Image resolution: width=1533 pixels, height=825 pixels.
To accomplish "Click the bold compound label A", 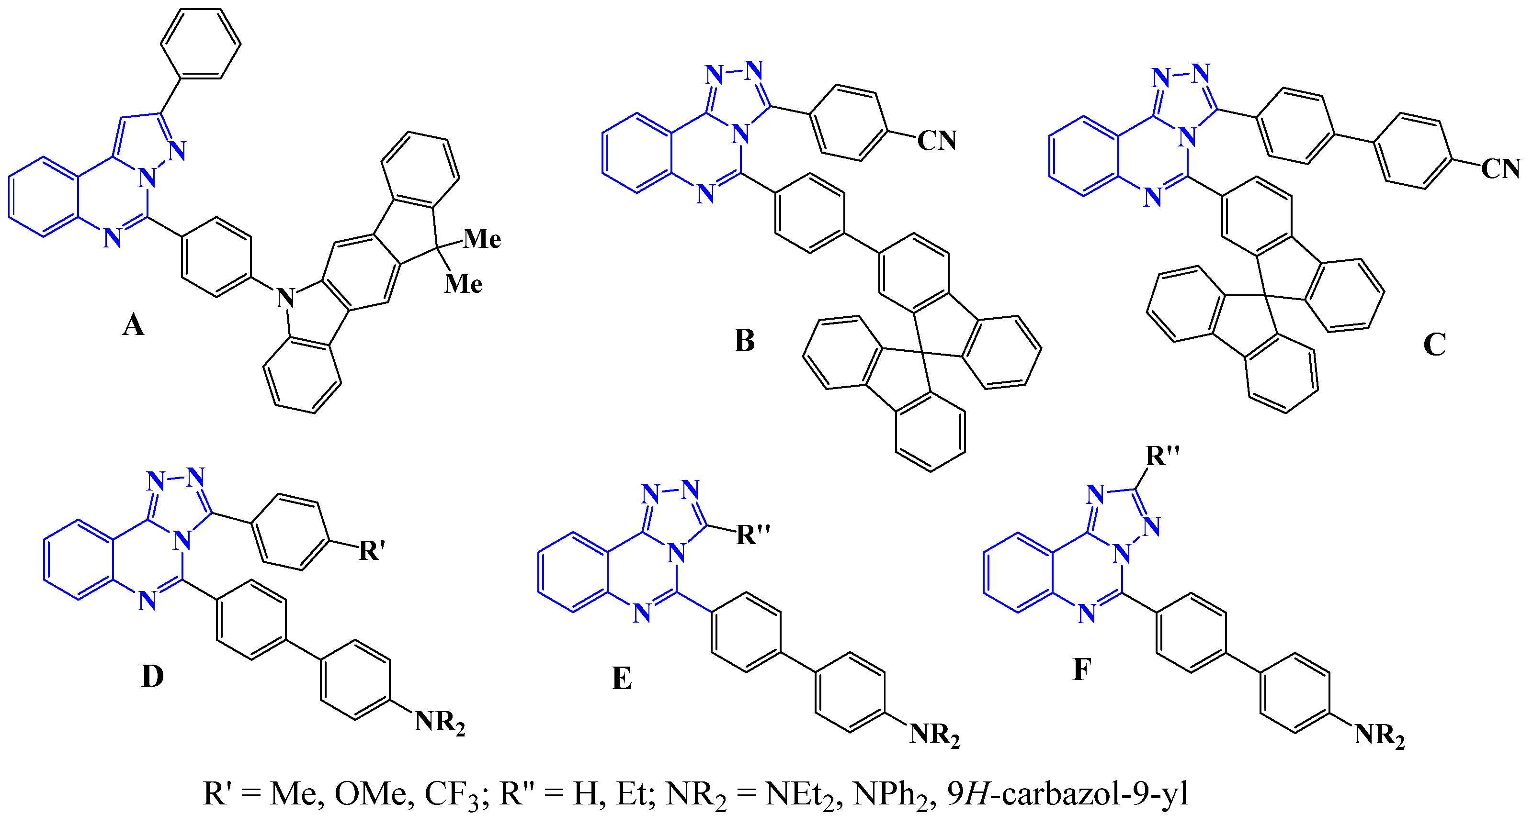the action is (x=133, y=326).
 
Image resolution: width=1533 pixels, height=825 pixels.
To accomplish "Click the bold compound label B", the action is (x=745, y=341).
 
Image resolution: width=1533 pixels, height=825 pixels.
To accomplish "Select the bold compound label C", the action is (x=1434, y=345).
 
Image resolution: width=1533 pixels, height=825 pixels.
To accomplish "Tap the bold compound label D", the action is (x=152, y=676).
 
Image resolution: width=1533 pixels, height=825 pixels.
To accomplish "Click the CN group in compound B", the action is (x=937, y=141).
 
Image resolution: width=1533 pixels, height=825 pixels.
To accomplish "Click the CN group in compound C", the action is (x=1499, y=169).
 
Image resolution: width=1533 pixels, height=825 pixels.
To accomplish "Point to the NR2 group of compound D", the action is (x=439, y=723).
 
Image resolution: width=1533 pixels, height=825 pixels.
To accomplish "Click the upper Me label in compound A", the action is (x=482, y=239).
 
